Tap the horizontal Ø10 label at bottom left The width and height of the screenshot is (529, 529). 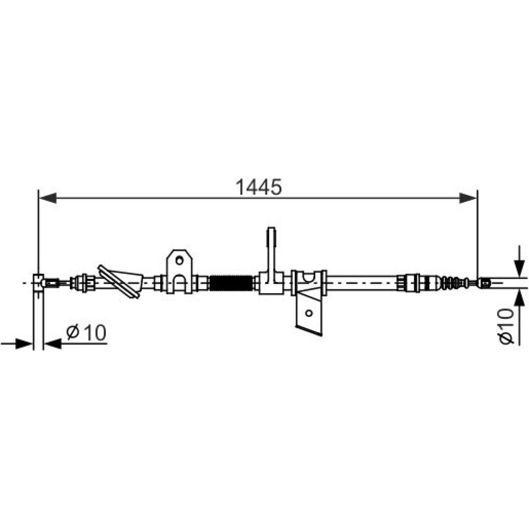tap(86, 332)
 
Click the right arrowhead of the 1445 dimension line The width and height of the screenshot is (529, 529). tap(468, 198)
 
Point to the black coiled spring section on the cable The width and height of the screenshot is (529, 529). tap(231, 282)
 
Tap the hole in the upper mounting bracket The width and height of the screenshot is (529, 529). tap(179, 260)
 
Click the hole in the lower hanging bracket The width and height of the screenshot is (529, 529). tap(309, 313)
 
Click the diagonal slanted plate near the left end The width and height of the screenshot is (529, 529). tap(118, 282)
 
